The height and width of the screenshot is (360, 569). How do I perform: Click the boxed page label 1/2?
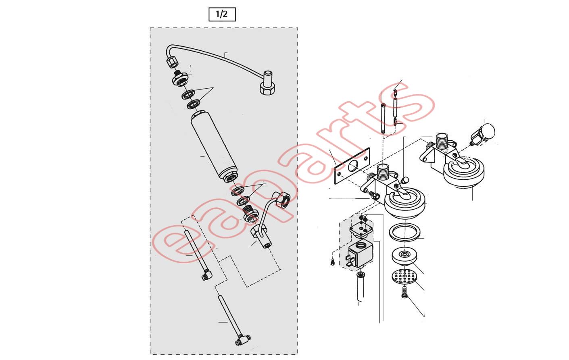(222, 15)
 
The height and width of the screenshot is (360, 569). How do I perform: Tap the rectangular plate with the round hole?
(352, 166)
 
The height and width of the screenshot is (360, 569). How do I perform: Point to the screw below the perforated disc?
(404, 292)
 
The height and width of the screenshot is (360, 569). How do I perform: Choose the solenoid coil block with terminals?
(359, 254)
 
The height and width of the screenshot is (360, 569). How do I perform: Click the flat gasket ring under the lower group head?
(404, 232)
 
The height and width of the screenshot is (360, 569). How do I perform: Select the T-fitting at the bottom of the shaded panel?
(243, 339)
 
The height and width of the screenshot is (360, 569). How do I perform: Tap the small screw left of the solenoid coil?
(333, 262)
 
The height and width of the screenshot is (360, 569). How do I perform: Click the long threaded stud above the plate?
(384, 118)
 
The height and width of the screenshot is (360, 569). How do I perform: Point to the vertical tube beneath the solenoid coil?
(361, 287)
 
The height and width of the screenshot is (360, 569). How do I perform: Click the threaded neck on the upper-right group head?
(442, 141)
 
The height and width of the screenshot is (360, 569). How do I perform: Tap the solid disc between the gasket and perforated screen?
(404, 256)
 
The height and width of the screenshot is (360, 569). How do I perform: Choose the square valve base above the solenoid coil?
(361, 230)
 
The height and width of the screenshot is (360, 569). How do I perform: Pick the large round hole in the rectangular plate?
(353, 166)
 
